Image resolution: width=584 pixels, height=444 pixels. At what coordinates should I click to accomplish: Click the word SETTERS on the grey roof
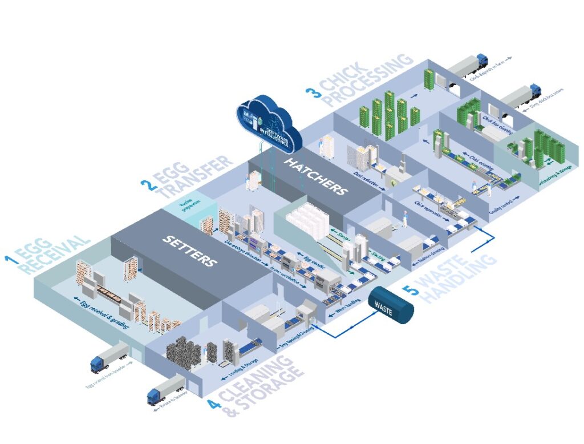tap(190, 251)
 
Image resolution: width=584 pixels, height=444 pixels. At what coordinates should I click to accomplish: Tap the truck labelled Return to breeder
tap(166, 390)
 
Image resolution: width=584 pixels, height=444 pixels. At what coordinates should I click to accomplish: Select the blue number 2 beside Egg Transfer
tap(147, 184)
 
